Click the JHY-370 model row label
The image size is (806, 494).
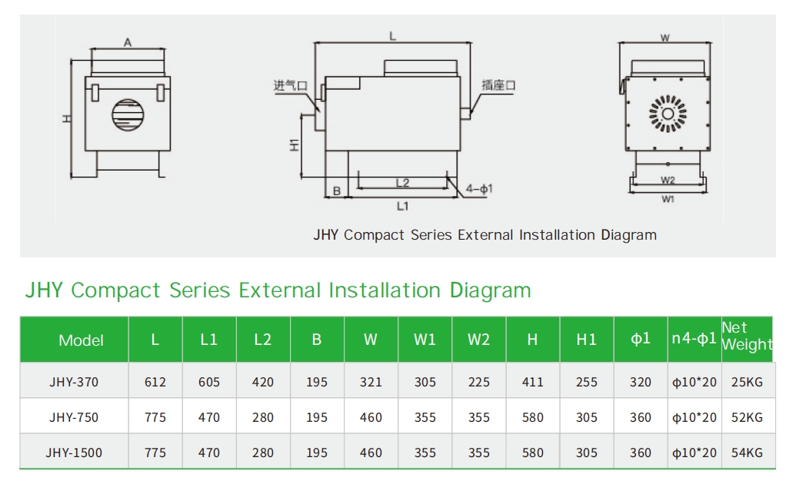[74, 382]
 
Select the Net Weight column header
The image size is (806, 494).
[746, 337]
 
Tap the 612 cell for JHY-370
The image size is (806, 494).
[155, 382]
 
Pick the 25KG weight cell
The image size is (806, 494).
[748, 382]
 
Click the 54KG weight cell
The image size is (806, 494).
[748, 453]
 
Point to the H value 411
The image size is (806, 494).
[532, 382]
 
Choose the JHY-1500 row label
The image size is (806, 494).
[74, 453]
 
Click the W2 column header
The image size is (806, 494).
[478, 340]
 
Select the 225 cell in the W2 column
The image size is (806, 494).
[478, 382]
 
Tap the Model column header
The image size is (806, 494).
[81, 340]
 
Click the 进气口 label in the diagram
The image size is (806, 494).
[289, 86]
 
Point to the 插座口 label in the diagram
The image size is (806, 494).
[498, 85]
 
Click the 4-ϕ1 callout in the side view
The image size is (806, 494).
[480, 188]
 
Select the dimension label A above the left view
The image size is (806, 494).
[128, 43]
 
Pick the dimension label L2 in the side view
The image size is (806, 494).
[402, 183]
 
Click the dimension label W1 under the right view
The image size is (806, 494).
[667, 199]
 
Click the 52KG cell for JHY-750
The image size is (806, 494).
[748, 417]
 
